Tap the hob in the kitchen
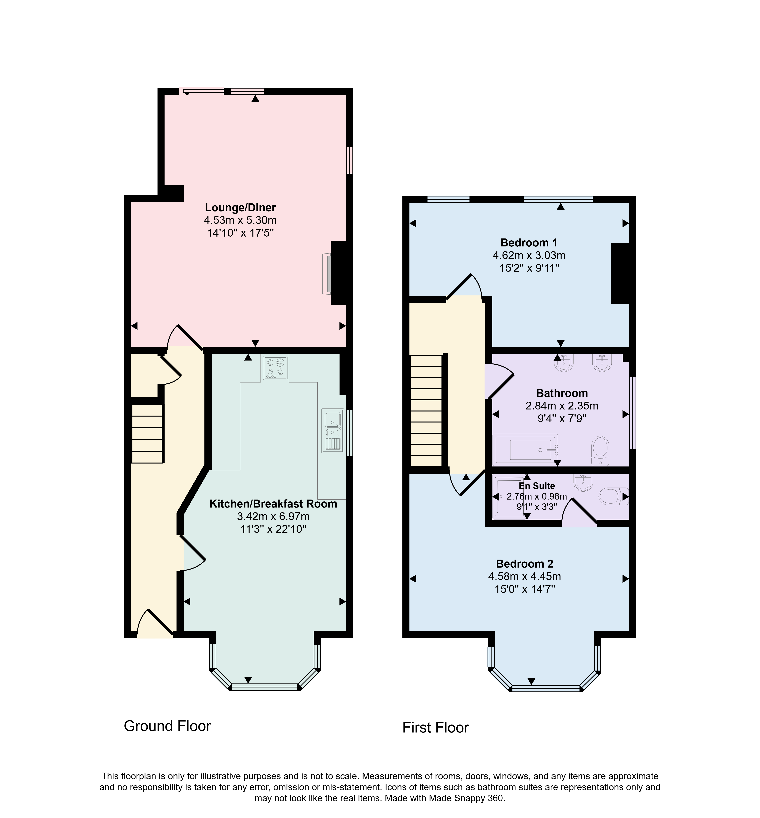click(275, 367)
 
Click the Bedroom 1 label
click(529, 243)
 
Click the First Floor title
click(435, 728)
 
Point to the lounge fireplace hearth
click(327, 273)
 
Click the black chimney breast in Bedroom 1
click(620, 274)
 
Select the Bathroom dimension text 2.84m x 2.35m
click(562, 406)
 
